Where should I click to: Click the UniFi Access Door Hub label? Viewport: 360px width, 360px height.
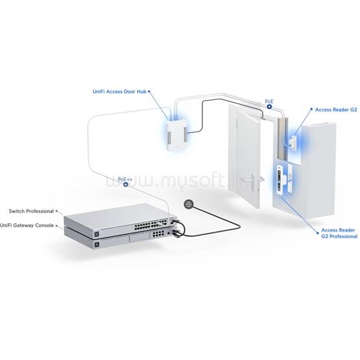[x=119, y=91]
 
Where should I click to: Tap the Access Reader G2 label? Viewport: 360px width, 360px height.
[x=336, y=110]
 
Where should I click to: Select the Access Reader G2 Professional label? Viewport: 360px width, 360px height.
[x=339, y=233]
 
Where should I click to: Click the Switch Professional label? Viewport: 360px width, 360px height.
[x=31, y=211]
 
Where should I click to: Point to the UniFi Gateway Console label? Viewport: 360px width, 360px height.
[x=27, y=225]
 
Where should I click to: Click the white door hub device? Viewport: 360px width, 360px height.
[x=178, y=135]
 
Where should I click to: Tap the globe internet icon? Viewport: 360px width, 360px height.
[x=189, y=204]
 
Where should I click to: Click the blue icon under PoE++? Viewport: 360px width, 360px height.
[x=126, y=184]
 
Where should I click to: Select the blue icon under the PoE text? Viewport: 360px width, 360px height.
[x=269, y=106]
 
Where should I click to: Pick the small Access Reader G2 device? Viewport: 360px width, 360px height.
[x=294, y=143]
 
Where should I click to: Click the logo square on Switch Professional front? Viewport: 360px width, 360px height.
[x=97, y=234]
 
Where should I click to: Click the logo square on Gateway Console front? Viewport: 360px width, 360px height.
[x=97, y=245]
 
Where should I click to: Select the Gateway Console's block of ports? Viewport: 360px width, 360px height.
[x=158, y=234]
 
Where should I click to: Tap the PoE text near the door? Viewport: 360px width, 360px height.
[x=269, y=101]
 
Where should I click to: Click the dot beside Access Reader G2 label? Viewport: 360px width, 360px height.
[x=311, y=110]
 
